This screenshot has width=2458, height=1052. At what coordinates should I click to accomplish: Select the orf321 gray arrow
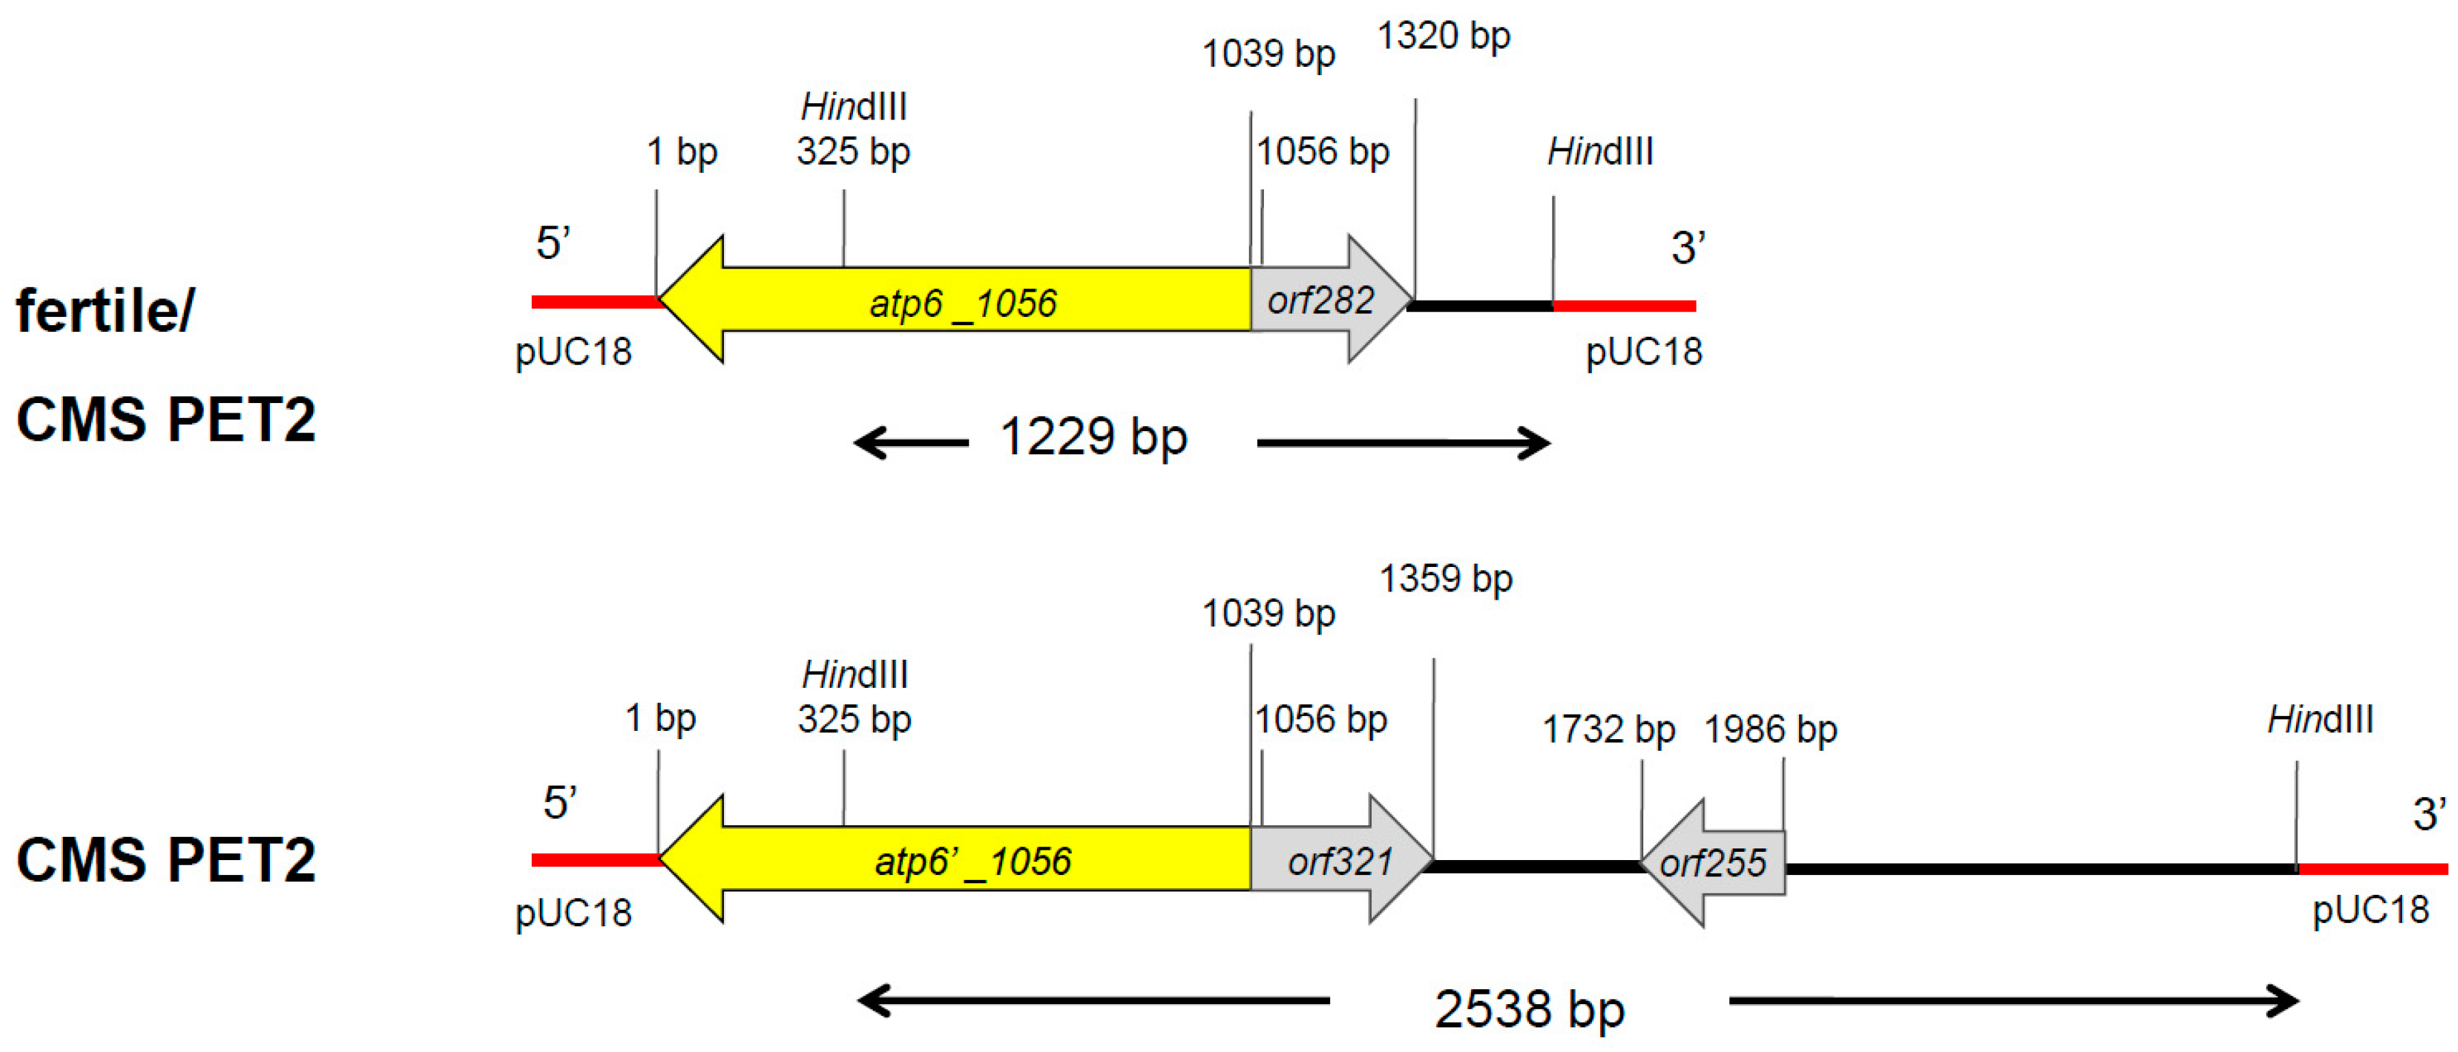1340,860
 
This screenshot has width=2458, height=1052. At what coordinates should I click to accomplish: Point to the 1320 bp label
1443,36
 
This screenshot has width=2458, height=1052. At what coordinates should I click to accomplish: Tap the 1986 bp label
1770,730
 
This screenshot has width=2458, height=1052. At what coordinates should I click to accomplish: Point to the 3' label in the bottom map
2429,814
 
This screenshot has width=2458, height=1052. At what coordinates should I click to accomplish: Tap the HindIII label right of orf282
1599,152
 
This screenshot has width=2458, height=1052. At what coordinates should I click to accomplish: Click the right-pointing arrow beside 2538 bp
2013,1001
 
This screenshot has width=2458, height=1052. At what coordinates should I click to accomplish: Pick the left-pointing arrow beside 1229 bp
910,443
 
